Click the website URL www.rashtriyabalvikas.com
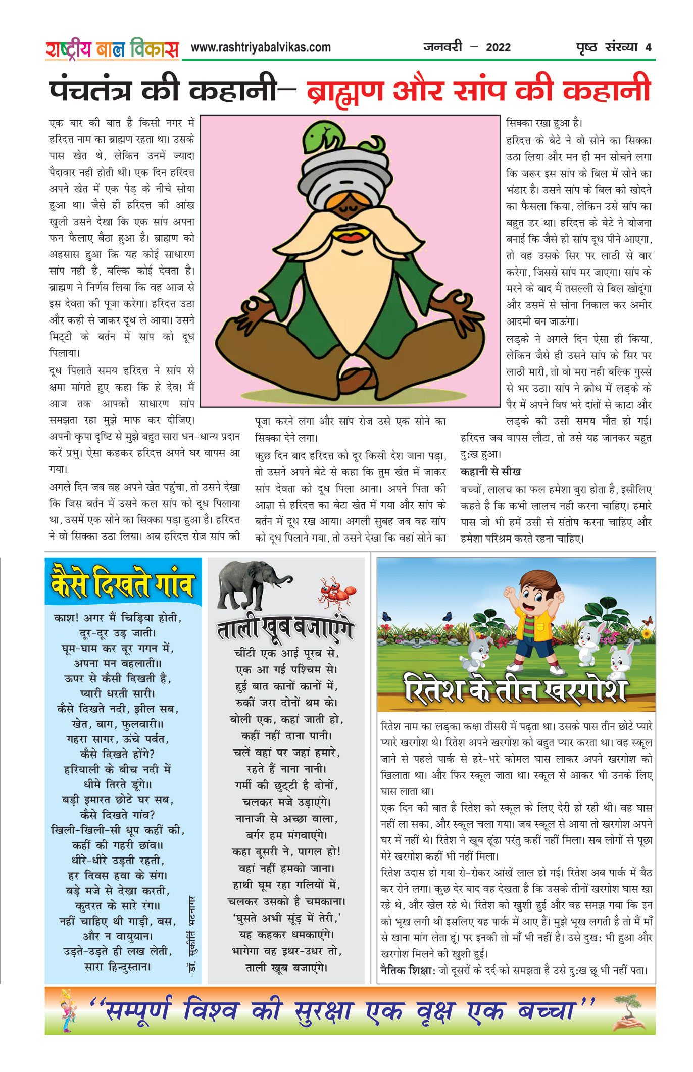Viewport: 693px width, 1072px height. [261, 47]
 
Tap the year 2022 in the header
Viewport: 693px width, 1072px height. [498, 47]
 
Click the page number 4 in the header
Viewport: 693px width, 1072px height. [648, 47]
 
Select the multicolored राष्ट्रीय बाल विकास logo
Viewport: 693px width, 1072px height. [112, 49]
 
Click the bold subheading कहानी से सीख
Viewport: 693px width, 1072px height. [490, 472]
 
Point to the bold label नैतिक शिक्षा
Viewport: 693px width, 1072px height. [407, 970]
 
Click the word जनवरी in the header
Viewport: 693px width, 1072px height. [442, 47]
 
